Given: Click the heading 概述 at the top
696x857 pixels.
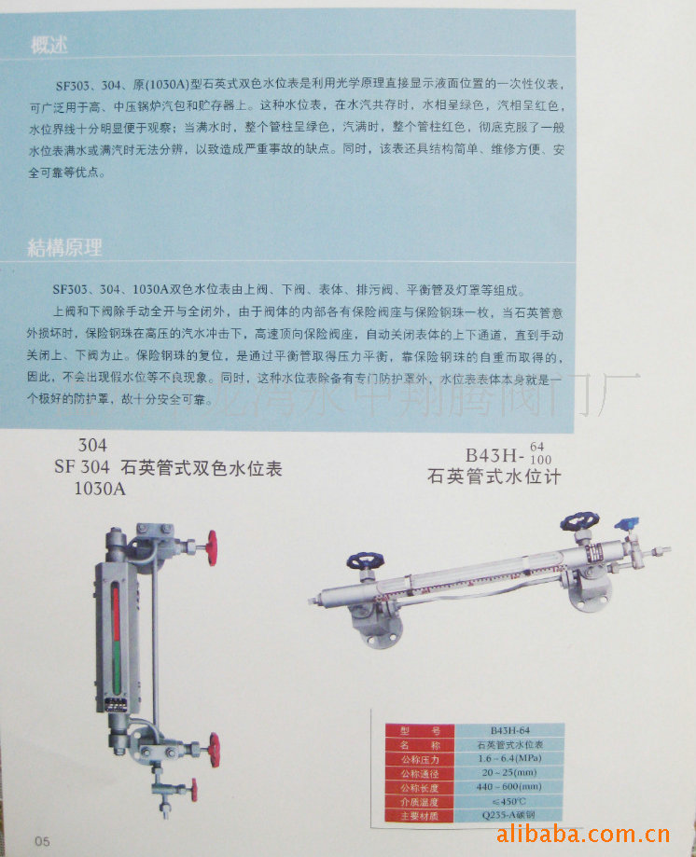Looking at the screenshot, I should click(49, 46).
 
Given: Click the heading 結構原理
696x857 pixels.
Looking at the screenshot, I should click(64, 247).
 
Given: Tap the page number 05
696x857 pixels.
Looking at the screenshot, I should click(42, 839).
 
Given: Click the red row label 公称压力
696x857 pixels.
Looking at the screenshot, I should click(419, 759).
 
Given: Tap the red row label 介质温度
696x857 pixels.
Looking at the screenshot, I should click(419, 802).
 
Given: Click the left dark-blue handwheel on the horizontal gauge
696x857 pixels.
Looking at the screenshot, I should click(360, 561).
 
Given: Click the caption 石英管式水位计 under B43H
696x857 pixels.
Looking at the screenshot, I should click(494, 478).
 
